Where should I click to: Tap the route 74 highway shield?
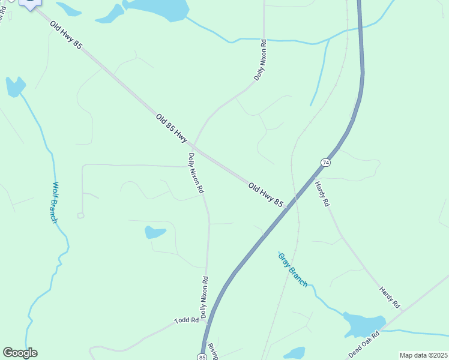[325, 163]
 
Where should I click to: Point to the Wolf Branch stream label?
[54, 202]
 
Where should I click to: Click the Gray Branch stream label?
[292, 269]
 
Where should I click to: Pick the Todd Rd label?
[186, 320]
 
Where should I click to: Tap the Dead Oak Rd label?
[364, 343]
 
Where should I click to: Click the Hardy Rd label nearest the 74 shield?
[322, 194]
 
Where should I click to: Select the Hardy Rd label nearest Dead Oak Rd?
[390, 298]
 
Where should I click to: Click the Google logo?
[20, 353]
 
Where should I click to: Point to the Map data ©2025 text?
[423, 355]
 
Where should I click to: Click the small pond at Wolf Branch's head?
[15, 86]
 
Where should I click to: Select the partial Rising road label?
[212, 351]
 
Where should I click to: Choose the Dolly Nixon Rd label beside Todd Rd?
[204, 297]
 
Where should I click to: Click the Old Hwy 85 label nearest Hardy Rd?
[265, 195]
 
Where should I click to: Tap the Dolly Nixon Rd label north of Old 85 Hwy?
[259, 60]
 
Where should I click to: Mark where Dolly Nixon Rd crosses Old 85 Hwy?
[193, 145]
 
